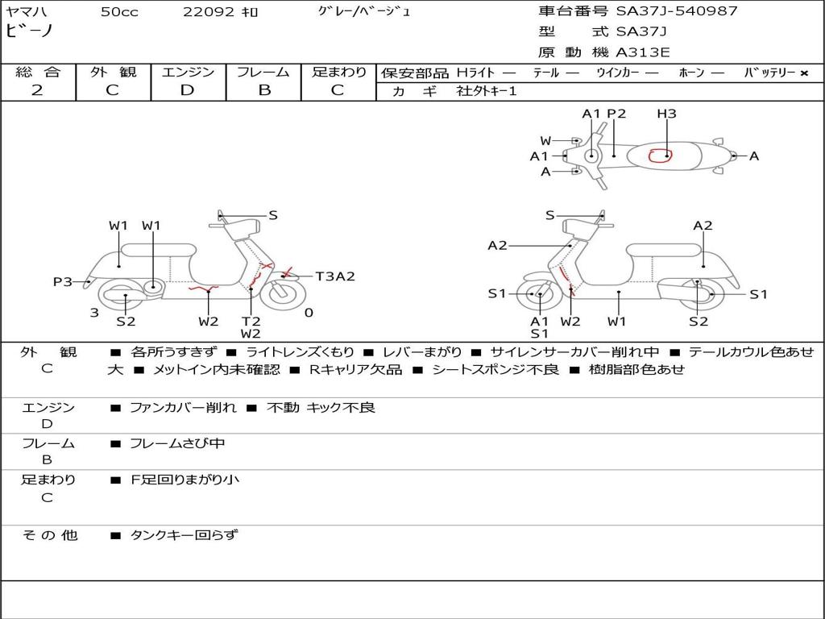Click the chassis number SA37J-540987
[x=677, y=11]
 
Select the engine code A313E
[x=643, y=52]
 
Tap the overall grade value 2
[x=37, y=90]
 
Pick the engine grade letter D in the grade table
[x=187, y=90]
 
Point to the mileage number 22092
[x=209, y=12]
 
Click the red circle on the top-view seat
[x=660, y=155]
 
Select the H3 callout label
[x=666, y=114]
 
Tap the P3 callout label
[x=63, y=281]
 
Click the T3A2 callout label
[x=334, y=276]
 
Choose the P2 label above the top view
[x=616, y=114]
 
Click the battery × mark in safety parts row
[x=803, y=73]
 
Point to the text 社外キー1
[x=487, y=91]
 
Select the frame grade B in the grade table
[x=264, y=90]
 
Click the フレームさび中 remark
[x=177, y=443]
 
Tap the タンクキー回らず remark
[x=184, y=534]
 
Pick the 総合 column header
[x=38, y=72]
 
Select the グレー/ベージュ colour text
[x=364, y=12]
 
